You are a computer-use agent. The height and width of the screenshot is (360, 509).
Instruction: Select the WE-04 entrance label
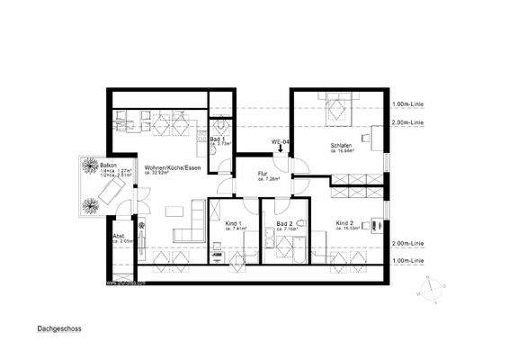[280, 143]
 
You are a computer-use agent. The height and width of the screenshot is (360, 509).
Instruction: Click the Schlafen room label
[341, 147]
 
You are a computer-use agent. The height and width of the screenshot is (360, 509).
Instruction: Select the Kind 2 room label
[346, 223]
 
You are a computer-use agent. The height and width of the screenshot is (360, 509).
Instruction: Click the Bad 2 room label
[285, 223]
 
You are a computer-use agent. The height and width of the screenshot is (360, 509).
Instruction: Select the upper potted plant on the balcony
[92, 166]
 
